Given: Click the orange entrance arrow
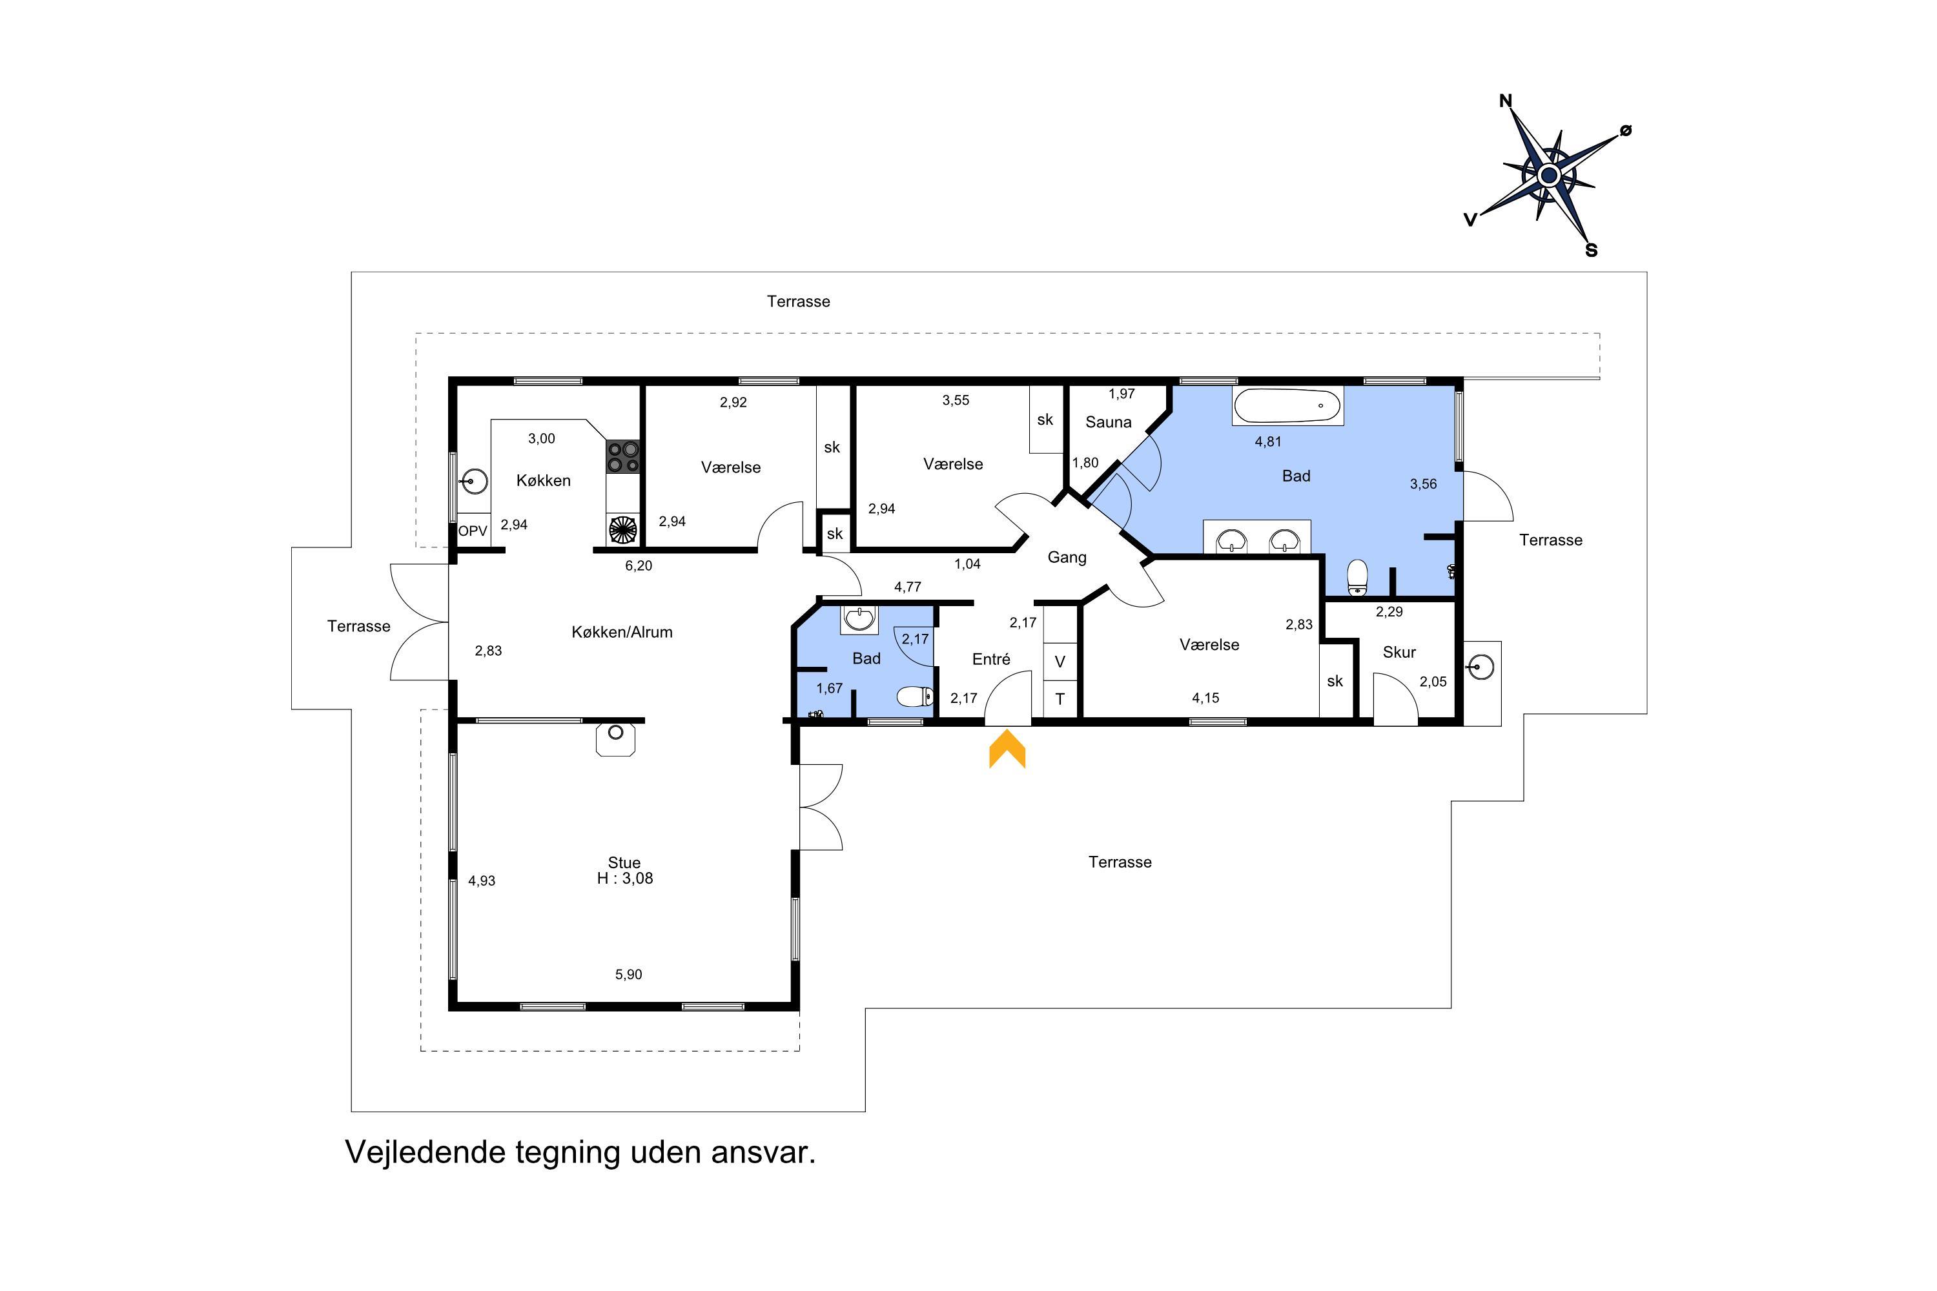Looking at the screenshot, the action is tap(1007, 751).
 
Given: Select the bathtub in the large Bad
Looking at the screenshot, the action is tap(1287, 406).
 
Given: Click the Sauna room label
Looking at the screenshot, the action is tap(1109, 422).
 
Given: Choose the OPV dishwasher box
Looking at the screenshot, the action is tap(473, 531).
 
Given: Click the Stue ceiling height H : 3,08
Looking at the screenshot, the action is tap(625, 879).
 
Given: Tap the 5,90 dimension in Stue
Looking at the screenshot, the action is tap(628, 975).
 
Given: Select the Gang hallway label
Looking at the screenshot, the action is tap(1067, 558).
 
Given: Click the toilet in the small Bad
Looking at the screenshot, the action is tap(915, 696).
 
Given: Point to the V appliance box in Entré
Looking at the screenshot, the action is tap(1061, 661).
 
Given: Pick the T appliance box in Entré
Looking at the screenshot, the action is tap(1061, 699).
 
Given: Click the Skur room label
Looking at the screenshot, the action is tap(1399, 652).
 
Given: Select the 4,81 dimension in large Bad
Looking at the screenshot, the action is tap(1268, 442).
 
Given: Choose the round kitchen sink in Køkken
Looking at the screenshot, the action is tap(475, 481).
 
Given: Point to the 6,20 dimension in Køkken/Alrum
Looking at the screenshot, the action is tap(639, 565).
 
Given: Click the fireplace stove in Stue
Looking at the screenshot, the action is tap(616, 738).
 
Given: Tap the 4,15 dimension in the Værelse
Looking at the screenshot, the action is tap(1205, 698).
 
